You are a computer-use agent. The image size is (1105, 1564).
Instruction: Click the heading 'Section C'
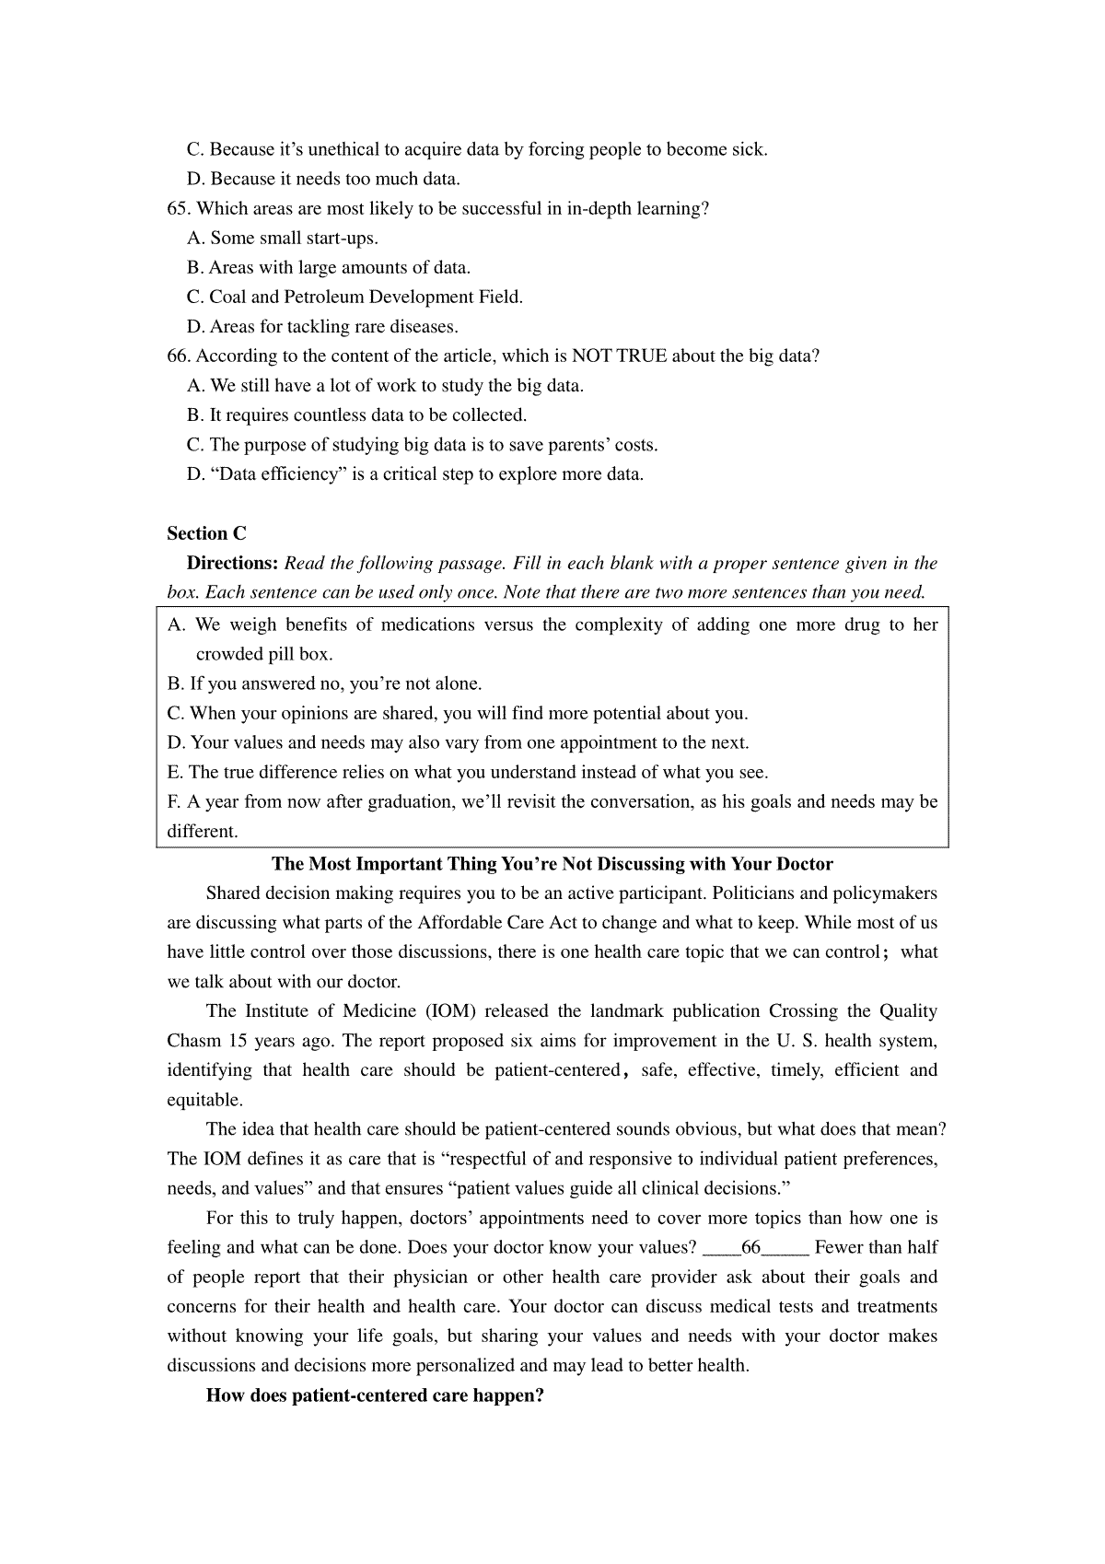click(x=206, y=533)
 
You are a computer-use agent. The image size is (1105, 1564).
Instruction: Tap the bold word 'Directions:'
click(x=232, y=563)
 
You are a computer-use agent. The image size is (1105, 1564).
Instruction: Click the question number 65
click(x=179, y=208)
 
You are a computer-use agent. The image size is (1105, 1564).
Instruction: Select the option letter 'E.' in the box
click(x=176, y=772)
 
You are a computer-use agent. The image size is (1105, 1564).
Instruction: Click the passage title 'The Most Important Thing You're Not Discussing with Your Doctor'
click(x=552, y=864)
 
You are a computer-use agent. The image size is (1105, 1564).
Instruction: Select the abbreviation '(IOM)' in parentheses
click(x=449, y=1010)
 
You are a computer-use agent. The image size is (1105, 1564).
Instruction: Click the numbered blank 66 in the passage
click(x=755, y=1247)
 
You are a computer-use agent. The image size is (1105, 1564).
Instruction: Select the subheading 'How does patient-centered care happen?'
click(x=375, y=1395)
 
